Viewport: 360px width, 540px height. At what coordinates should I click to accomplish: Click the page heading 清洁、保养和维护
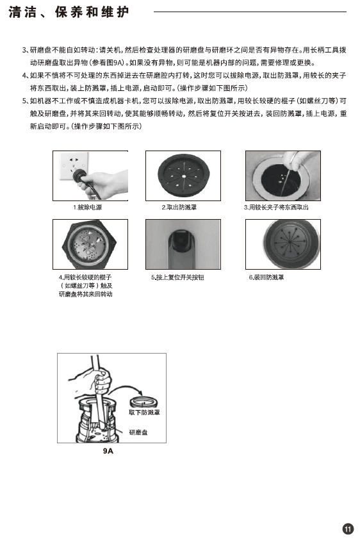tap(69, 12)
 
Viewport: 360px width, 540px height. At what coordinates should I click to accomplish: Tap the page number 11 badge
tap(348, 528)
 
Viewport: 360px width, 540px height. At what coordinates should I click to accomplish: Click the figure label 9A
tap(108, 451)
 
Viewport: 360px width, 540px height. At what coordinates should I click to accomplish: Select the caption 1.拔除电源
tap(87, 208)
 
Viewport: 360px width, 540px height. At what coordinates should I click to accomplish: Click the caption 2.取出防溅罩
tap(179, 208)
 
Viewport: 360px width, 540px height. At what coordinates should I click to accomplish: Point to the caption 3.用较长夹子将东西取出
tap(276, 208)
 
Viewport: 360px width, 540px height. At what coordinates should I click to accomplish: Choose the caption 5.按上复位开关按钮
tap(177, 277)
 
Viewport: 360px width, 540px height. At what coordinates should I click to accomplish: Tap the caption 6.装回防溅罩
tap(266, 277)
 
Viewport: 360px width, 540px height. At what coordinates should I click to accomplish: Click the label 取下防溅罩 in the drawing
tap(144, 413)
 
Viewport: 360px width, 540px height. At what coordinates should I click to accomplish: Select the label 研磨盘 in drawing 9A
tap(138, 432)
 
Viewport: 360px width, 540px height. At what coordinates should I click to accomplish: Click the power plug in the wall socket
tap(79, 174)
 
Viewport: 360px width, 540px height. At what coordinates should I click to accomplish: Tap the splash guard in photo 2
tap(184, 176)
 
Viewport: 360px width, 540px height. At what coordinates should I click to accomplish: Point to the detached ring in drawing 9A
tap(143, 402)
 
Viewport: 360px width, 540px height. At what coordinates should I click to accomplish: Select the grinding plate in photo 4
tap(88, 244)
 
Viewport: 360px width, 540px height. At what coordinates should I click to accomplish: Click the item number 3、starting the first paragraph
tap(26, 50)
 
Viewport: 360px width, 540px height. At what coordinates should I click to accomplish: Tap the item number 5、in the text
tap(26, 101)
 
